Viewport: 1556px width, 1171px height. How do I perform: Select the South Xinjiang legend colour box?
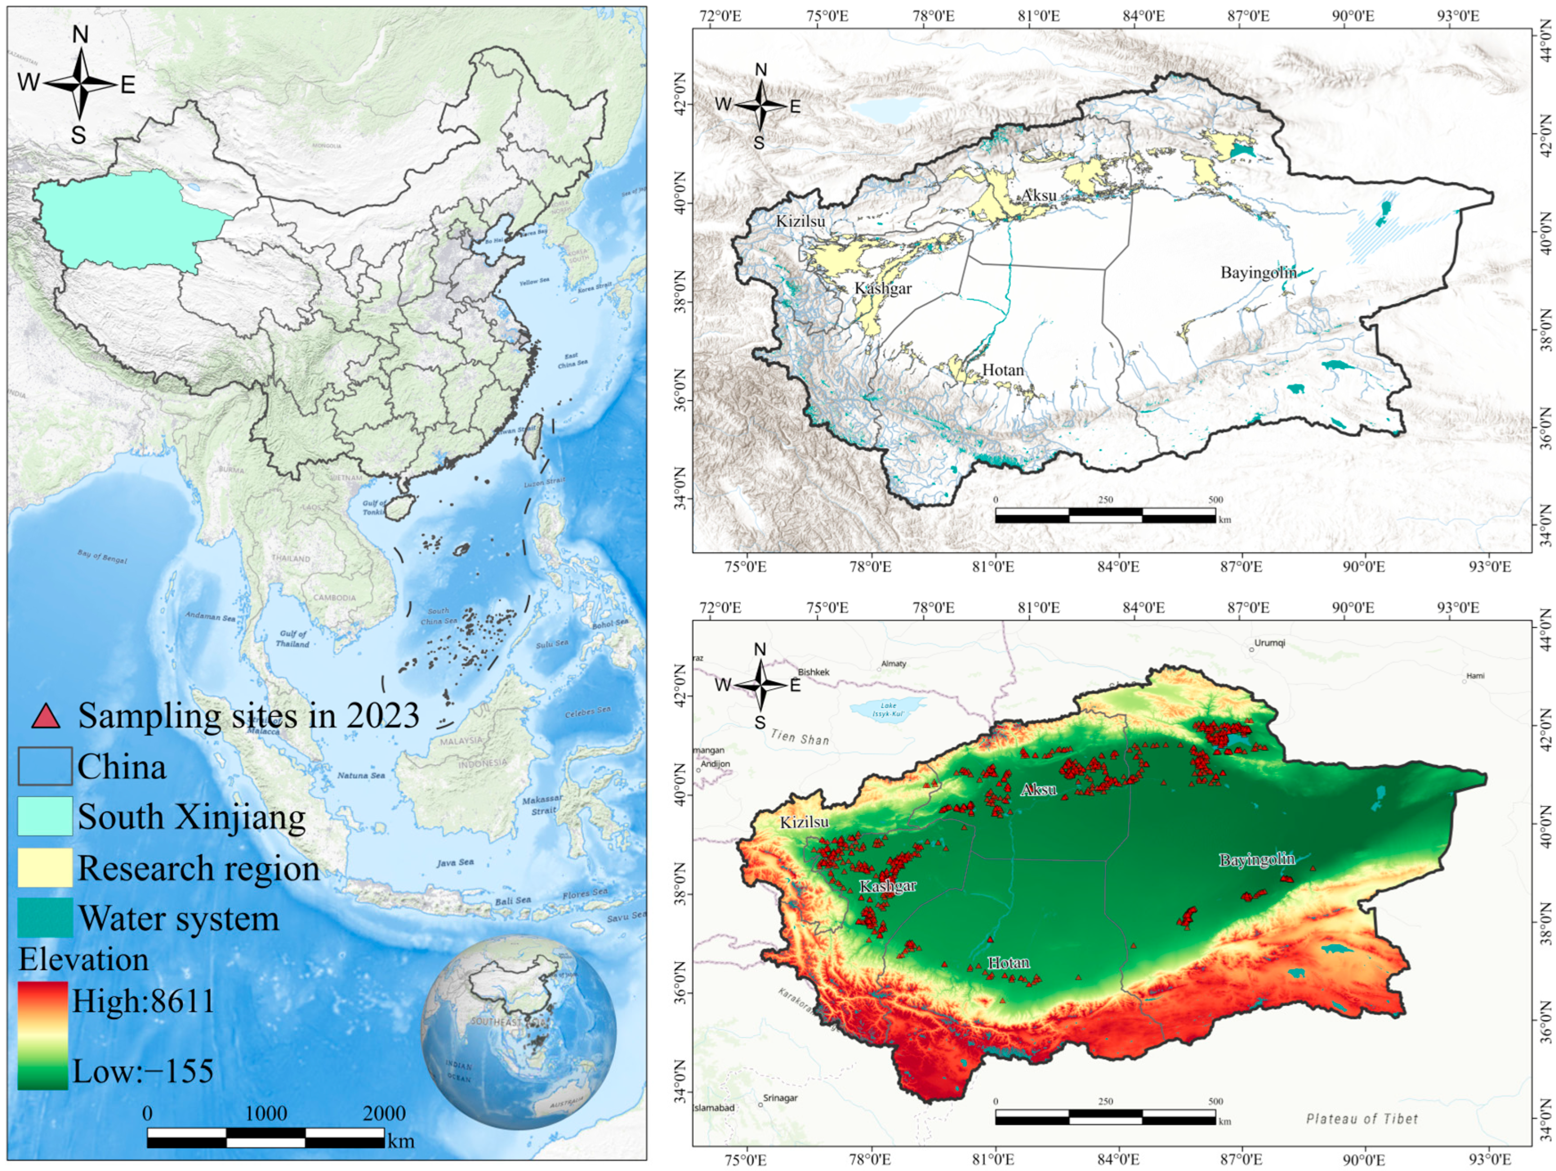pos(45,817)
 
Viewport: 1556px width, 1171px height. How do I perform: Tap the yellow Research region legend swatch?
pos(45,867)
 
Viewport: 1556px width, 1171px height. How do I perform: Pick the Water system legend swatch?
pos(45,918)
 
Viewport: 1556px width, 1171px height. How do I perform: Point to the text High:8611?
pos(143,1000)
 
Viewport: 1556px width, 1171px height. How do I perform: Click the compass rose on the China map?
pos(80,84)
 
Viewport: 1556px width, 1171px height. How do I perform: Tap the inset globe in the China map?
pos(519,1032)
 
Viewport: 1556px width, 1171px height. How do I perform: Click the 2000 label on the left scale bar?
pos(384,1113)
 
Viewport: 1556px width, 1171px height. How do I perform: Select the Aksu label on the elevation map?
pos(1038,789)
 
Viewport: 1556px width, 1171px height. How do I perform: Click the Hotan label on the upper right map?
pos(1002,370)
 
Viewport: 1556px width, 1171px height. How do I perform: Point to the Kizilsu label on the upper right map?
pos(801,222)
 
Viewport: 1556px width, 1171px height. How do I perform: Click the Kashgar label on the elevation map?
pos(888,886)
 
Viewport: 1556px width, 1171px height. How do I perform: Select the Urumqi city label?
pos(1269,643)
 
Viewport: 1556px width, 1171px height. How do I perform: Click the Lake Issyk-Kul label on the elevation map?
pos(888,709)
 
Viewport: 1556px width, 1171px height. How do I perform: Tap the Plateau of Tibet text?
pos(1362,1119)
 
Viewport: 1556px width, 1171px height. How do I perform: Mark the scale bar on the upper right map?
pos(1105,515)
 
